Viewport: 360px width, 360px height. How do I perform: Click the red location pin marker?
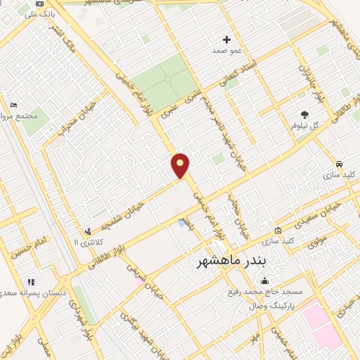click(181, 165)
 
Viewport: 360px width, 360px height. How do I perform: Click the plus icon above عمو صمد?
click(227, 39)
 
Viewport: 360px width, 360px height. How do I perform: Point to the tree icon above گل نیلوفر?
click(304, 114)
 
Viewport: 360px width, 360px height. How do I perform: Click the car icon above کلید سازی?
click(340, 161)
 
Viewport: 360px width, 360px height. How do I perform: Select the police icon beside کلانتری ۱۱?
click(88, 231)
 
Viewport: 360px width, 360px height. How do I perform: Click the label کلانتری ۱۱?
click(89, 243)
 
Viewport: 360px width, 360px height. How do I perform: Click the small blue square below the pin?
click(182, 223)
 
